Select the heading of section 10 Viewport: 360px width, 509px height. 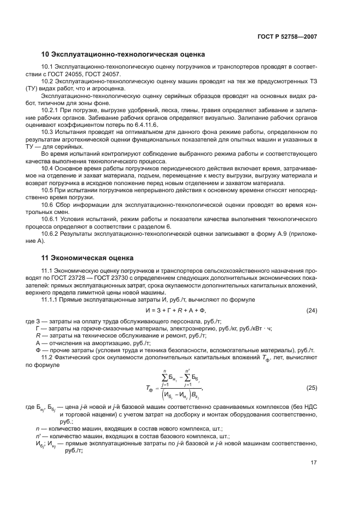[x=123, y=54]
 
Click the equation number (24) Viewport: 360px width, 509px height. [x=311, y=310]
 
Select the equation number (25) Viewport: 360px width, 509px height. [x=311, y=388]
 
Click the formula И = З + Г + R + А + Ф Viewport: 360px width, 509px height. [x=177, y=310]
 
